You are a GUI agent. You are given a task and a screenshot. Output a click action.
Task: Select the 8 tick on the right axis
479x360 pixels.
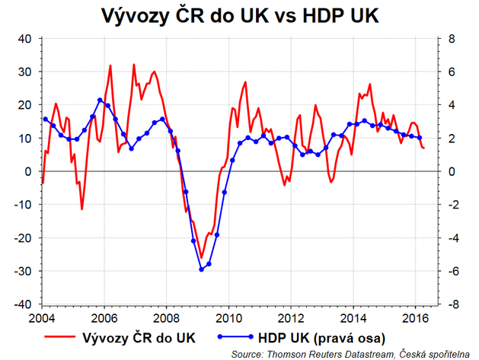(x=450, y=38)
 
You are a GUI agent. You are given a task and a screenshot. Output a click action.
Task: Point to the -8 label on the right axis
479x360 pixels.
(x=450, y=304)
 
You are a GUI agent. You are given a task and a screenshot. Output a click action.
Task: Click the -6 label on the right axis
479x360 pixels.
(x=450, y=271)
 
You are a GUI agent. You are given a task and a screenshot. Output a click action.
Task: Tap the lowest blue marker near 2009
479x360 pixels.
(x=201, y=269)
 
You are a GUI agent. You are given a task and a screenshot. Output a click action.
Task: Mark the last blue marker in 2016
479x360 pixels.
(x=420, y=138)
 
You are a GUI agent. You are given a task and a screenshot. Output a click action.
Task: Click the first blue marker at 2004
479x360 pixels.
(x=46, y=119)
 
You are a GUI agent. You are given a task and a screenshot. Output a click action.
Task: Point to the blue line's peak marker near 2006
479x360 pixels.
(x=100, y=100)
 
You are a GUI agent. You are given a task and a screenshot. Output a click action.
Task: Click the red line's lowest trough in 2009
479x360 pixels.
(x=202, y=257)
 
